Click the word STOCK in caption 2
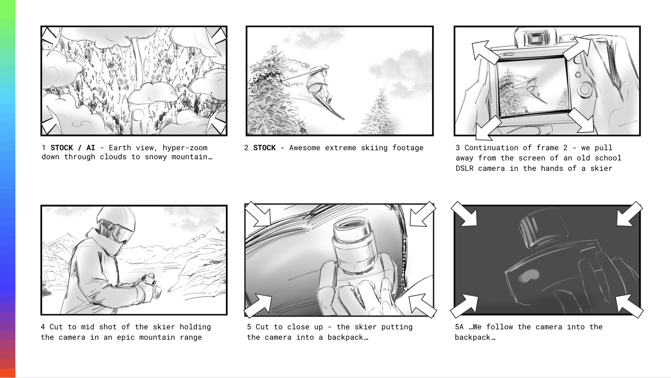click(264, 148)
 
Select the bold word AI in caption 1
click(91, 148)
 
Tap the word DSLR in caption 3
click(465, 168)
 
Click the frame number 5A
click(459, 327)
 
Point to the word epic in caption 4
click(126, 337)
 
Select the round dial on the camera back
click(585, 90)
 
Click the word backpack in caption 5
click(345, 337)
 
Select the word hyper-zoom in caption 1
click(185, 148)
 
